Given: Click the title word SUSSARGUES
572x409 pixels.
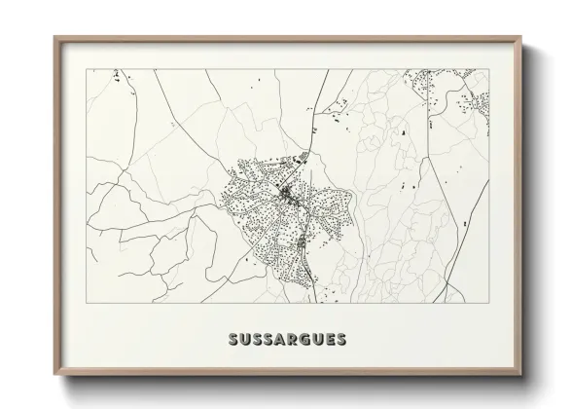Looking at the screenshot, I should [x=286, y=341].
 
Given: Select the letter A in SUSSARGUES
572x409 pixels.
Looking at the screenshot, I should [x=281, y=341].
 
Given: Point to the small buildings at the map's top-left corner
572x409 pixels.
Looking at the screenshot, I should [x=116, y=75].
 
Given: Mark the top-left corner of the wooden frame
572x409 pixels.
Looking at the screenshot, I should [x=54, y=37].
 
